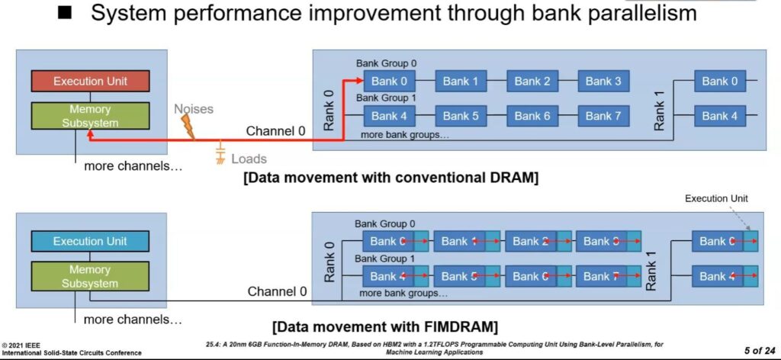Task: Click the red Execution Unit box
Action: click(x=90, y=81)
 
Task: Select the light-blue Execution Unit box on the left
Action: click(x=90, y=242)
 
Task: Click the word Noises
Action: click(x=194, y=109)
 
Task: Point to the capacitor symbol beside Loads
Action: click(x=220, y=154)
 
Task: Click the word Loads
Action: click(x=249, y=159)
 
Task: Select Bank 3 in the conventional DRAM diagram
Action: click(x=603, y=81)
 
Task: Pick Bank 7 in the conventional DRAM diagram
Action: click(x=603, y=116)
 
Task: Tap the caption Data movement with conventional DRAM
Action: click(x=391, y=178)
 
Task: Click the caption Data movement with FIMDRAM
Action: click(x=385, y=327)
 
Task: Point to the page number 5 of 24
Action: click(x=760, y=350)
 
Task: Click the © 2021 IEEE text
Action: click(x=21, y=345)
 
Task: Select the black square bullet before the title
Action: click(x=65, y=13)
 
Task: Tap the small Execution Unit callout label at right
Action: click(x=716, y=198)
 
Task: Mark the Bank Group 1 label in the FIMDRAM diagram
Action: click(x=384, y=259)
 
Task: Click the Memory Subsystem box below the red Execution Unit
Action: click(x=90, y=116)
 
